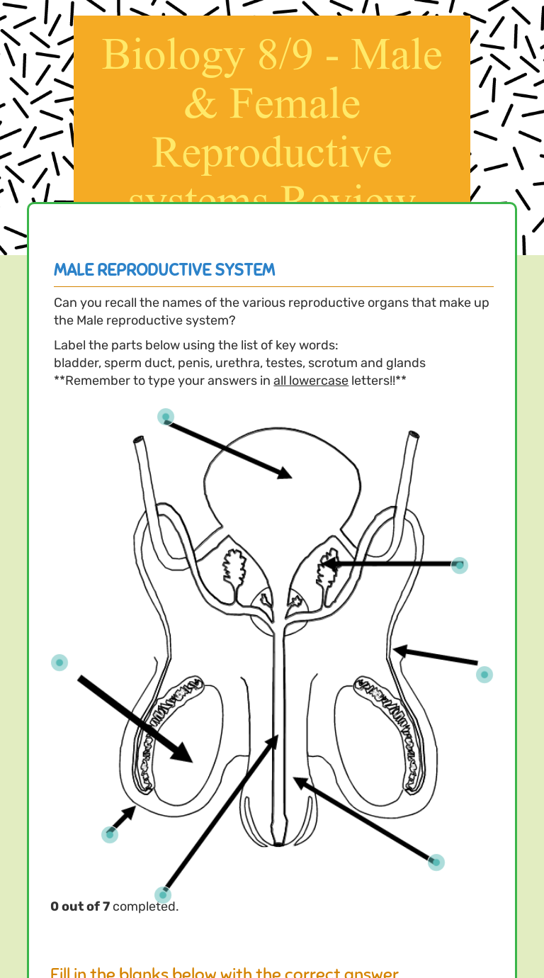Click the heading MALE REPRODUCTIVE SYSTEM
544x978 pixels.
click(x=164, y=270)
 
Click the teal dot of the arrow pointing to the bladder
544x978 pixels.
click(x=166, y=417)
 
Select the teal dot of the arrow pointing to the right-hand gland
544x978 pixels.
click(x=460, y=565)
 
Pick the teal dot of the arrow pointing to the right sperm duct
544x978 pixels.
click(x=484, y=674)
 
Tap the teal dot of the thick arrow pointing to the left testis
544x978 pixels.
click(x=59, y=663)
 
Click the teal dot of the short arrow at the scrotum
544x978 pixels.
click(x=110, y=834)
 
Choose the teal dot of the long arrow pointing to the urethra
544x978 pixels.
click(x=163, y=894)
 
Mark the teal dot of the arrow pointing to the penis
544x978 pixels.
click(x=436, y=862)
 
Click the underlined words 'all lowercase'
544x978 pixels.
click(x=310, y=381)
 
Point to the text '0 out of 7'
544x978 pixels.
click(x=80, y=906)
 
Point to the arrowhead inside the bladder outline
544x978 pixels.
click(x=284, y=472)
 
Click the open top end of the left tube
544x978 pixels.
click(x=140, y=442)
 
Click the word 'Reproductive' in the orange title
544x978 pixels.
click(x=272, y=152)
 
